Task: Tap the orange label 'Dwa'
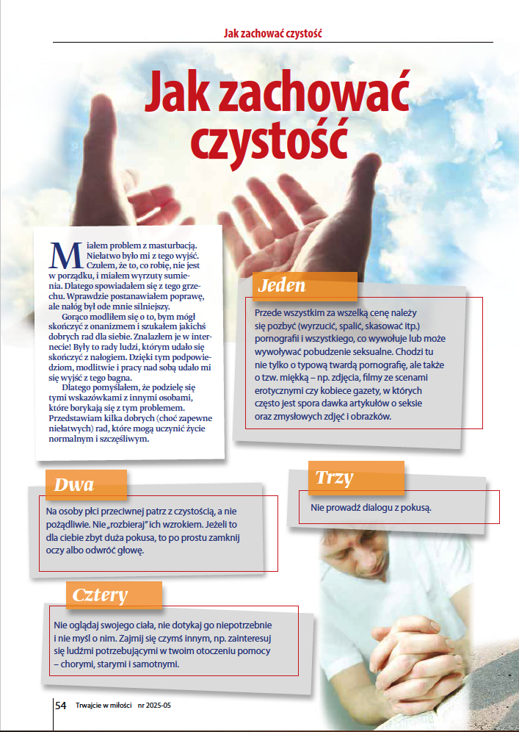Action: (x=74, y=485)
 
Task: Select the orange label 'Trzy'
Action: (x=334, y=478)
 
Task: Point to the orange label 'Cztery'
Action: (x=101, y=595)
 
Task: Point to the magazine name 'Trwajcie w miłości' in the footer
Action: (x=104, y=706)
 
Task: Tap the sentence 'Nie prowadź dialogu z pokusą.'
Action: (x=371, y=507)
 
